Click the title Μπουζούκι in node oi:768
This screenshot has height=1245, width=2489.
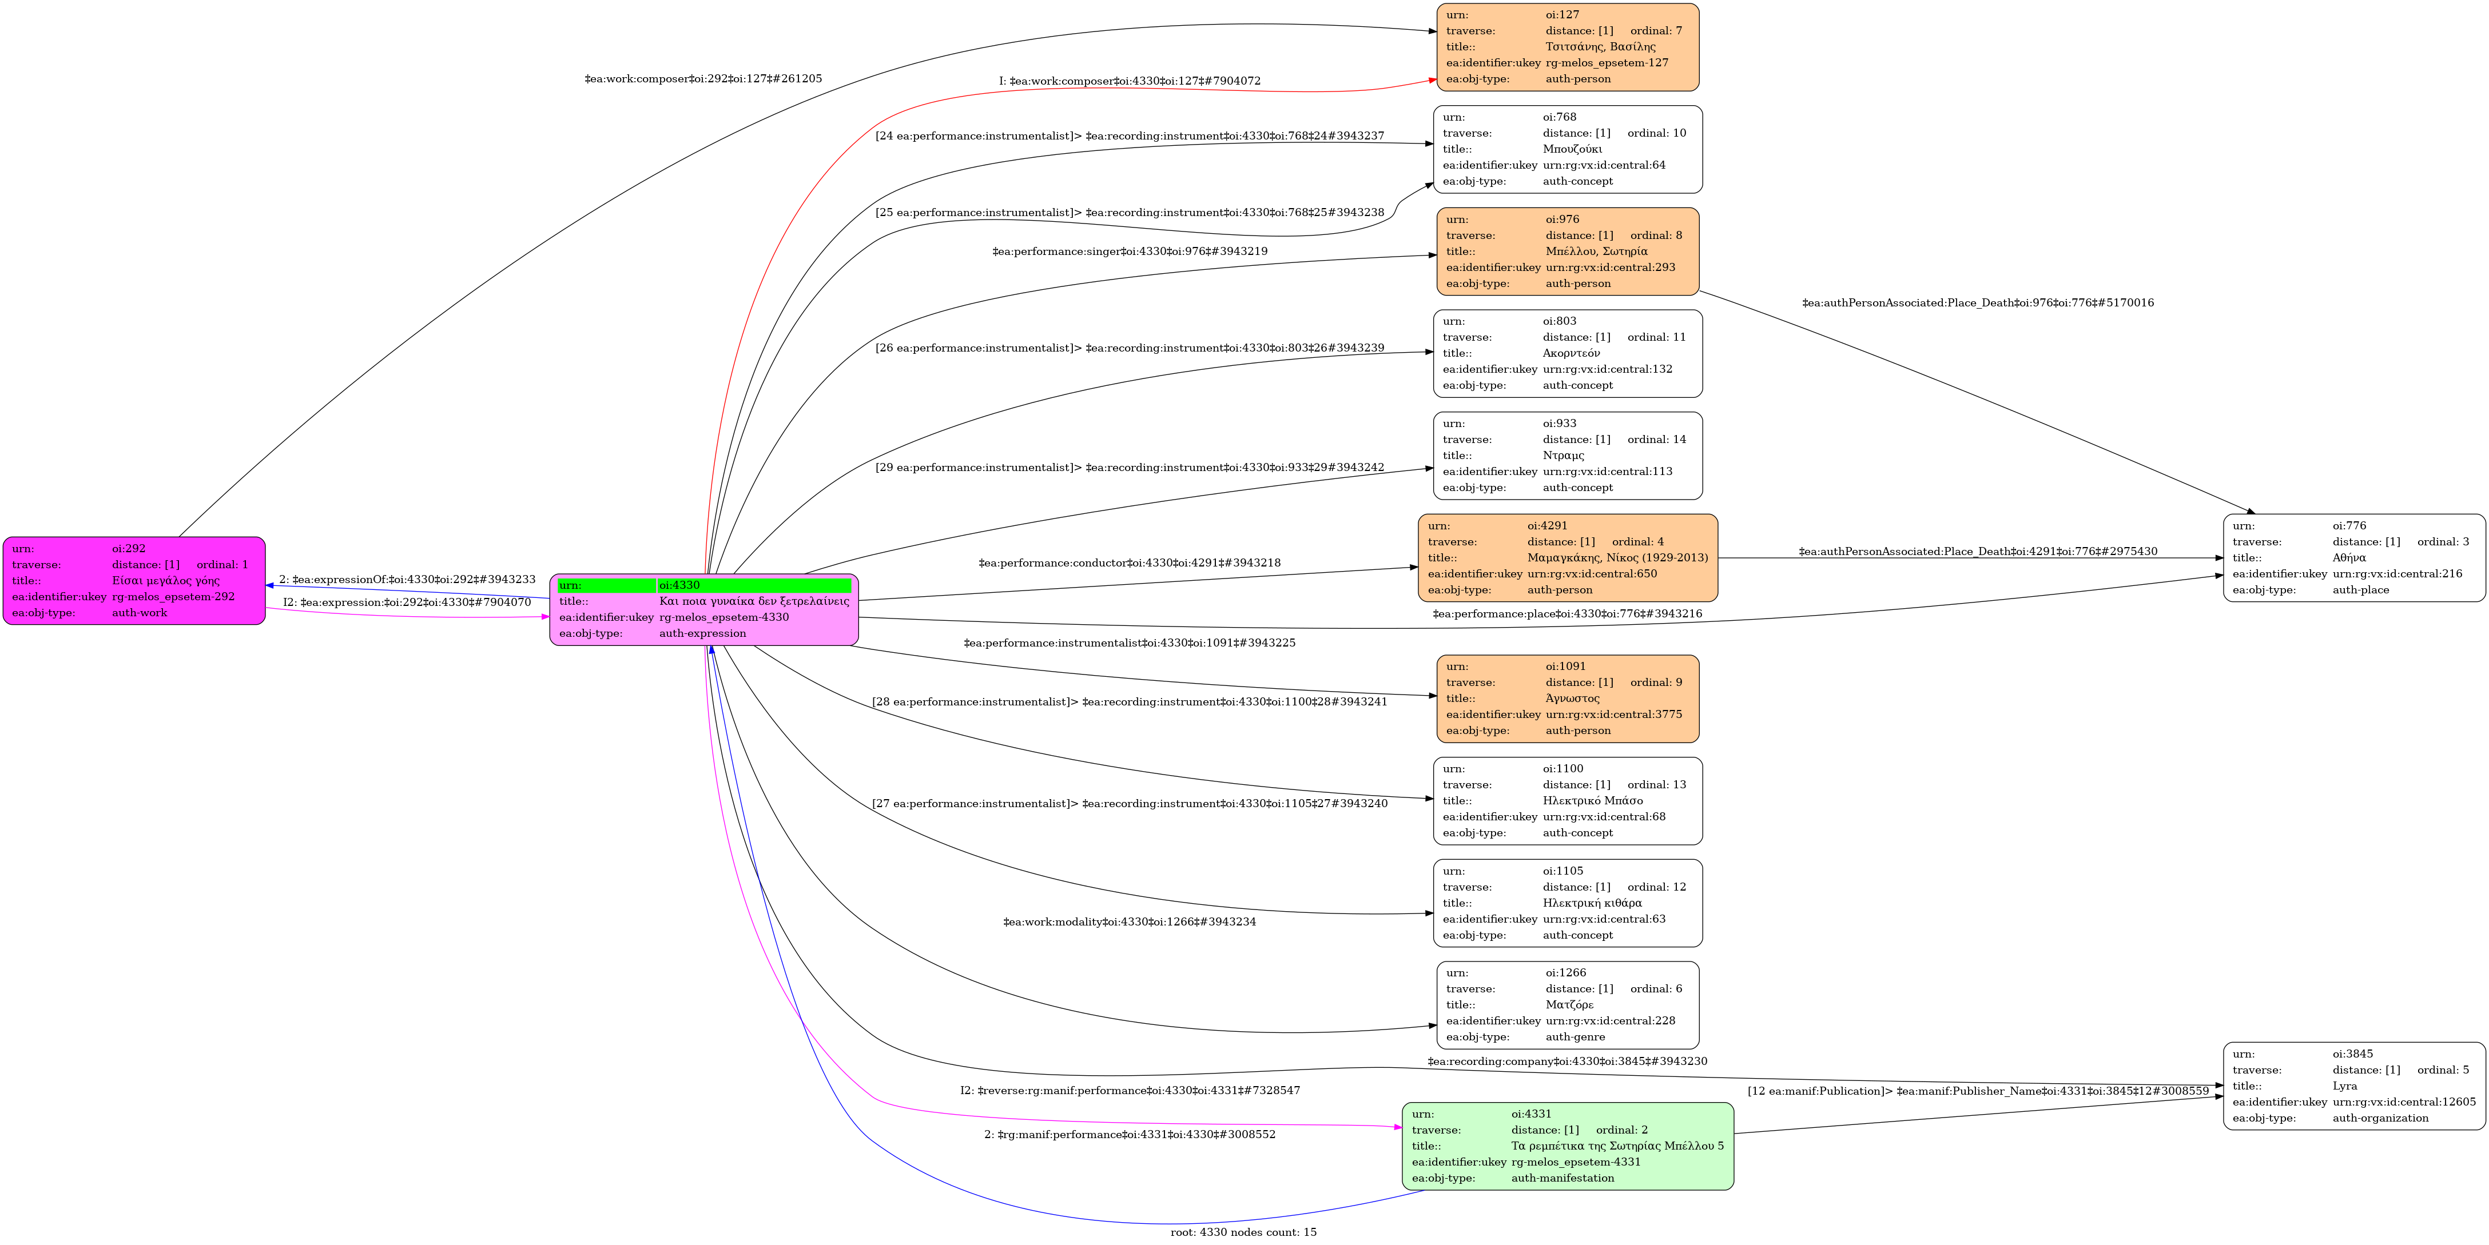[x=1572, y=149]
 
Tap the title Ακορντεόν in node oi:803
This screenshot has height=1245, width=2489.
[x=1571, y=353]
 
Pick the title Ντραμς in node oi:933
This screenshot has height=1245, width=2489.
[x=1564, y=455]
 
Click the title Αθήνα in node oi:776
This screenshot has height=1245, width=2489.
[x=2349, y=557]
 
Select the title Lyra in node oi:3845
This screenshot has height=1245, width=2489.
[x=2344, y=1086]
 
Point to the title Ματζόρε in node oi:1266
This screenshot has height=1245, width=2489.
[x=1569, y=1004]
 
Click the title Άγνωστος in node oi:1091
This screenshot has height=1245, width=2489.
[x=1572, y=699]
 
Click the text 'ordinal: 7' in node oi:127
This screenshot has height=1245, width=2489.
[x=1656, y=31]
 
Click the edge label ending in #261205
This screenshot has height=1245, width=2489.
[x=702, y=79]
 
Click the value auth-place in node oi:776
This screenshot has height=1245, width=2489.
[x=2361, y=590]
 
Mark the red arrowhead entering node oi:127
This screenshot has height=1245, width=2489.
[x=1432, y=80]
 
